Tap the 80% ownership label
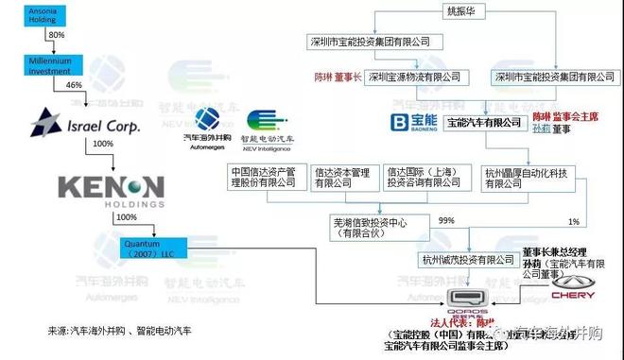[x=56, y=35]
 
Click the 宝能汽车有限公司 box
[x=483, y=123]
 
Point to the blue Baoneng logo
[x=412, y=123]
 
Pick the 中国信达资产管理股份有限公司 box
[x=268, y=180]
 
